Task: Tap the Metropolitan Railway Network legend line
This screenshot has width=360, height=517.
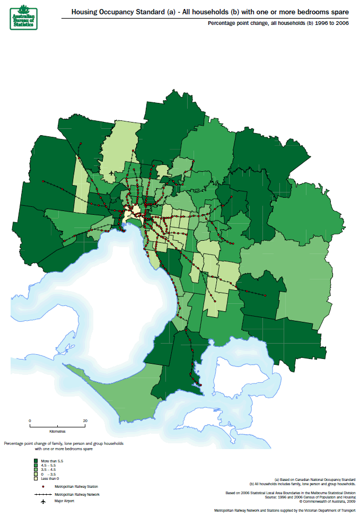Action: pos(36,494)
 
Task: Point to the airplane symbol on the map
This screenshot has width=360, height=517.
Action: pos(110,173)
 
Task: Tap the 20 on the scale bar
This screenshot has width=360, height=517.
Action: pos(85,420)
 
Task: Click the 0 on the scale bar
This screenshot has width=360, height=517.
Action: pos(30,420)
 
